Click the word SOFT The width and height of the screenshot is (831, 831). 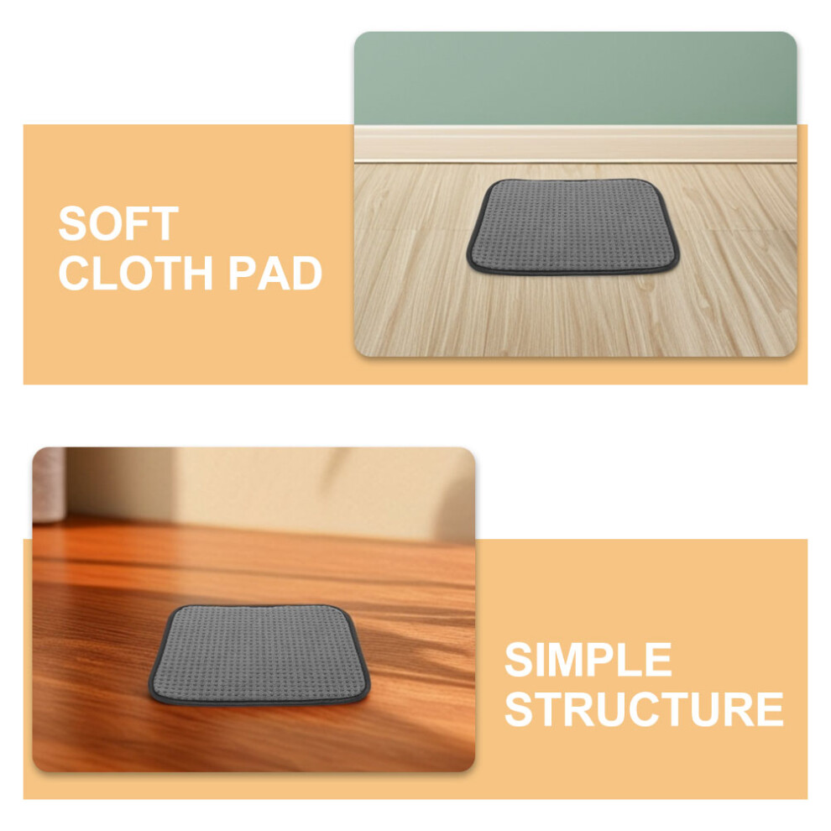point(118,223)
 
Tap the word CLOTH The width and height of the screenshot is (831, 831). point(136,273)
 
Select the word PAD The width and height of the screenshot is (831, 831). point(275,273)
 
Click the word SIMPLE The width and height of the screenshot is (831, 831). point(588,659)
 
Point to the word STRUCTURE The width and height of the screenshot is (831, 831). point(644,709)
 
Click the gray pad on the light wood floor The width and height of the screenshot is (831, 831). point(573,227)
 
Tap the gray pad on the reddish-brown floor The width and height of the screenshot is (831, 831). point(259,656)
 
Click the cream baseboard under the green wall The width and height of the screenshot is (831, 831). point(575,144)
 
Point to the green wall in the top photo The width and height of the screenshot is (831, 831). point(575,78)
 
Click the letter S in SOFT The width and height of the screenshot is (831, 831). point(72,223)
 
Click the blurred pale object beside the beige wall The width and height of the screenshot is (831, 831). point(49,484)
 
